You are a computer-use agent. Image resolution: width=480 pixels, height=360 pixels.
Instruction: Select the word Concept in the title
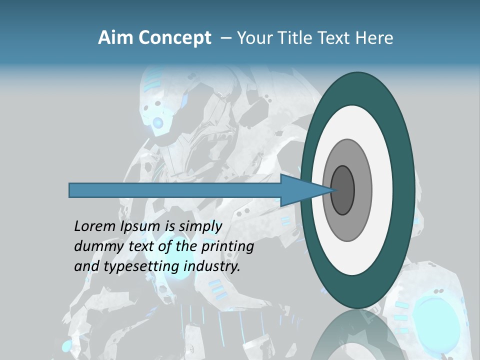coord(175,38)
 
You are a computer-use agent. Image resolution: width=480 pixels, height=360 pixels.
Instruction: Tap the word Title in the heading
coord(298,38)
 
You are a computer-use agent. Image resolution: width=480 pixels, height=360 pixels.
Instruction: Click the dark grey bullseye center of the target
coord(343,190)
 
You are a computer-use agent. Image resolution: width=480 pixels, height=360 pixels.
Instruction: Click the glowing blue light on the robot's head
coord(158,122)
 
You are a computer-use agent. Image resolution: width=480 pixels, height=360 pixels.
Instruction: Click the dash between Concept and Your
coord(225,38)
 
